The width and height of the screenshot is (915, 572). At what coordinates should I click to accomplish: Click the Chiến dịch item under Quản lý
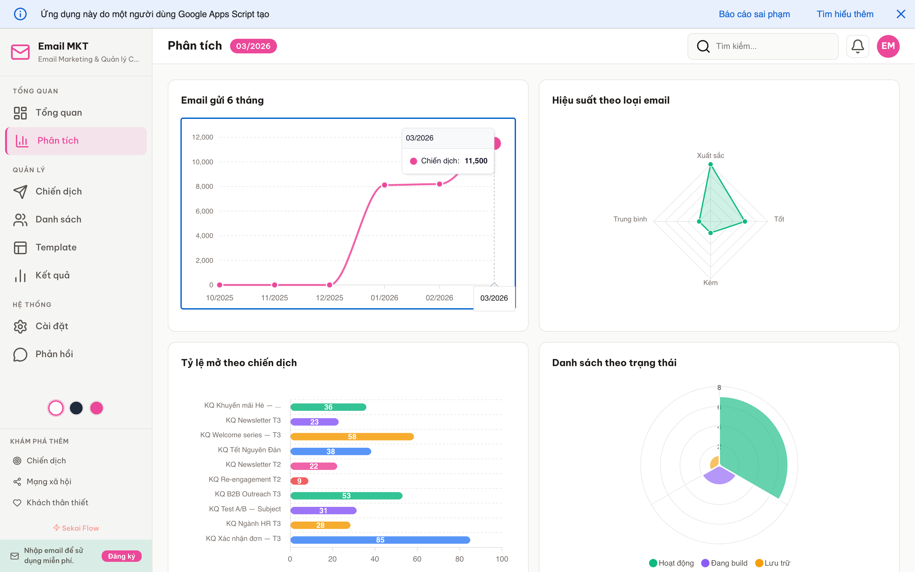click(58, 191)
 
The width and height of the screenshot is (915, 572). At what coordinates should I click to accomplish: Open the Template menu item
click(56, 248)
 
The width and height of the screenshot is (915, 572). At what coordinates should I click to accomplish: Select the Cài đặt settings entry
click(51, 326)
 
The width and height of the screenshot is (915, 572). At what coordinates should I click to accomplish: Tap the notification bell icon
click(857, 46)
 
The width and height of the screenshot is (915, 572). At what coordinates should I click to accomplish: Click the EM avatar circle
click(888, 46)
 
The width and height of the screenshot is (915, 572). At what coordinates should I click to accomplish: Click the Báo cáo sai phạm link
click(754, 14)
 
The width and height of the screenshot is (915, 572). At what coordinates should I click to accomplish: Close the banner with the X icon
click(901, 14)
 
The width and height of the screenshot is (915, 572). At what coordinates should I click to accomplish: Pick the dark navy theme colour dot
click(76, 408)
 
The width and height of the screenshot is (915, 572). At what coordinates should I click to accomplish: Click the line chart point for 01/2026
click(384, 185)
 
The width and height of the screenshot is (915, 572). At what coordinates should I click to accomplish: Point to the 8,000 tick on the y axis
click(204, 187)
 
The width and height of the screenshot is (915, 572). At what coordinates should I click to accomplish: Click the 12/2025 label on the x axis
click(329, 298)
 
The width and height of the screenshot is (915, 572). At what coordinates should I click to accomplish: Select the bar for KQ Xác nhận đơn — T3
click(380, 540)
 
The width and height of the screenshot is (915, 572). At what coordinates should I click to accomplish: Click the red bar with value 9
click(299, 481)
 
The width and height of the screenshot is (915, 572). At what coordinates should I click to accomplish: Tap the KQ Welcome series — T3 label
click(240, 435)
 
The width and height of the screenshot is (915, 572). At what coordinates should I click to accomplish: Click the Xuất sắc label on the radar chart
click(710, 155)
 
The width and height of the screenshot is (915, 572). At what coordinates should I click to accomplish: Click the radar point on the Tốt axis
click(744, 221)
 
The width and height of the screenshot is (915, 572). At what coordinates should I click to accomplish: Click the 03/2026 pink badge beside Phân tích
click(253, 46)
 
